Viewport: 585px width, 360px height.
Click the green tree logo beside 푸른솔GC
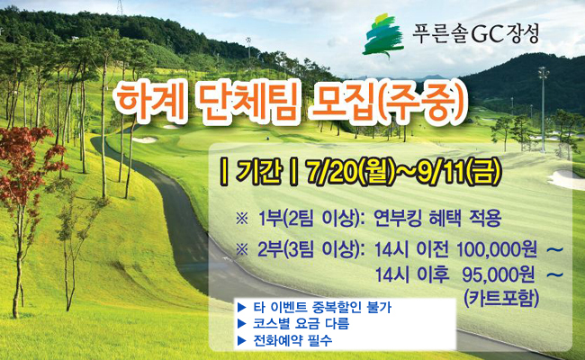383,36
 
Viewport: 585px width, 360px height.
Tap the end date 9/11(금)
457,173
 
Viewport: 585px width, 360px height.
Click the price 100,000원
496,250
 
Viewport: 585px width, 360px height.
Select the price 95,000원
499,275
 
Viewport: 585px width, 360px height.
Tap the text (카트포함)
502,299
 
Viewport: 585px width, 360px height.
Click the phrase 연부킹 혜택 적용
437,219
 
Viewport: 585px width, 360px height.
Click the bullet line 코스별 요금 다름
301,323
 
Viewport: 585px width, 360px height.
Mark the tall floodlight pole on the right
543,109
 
